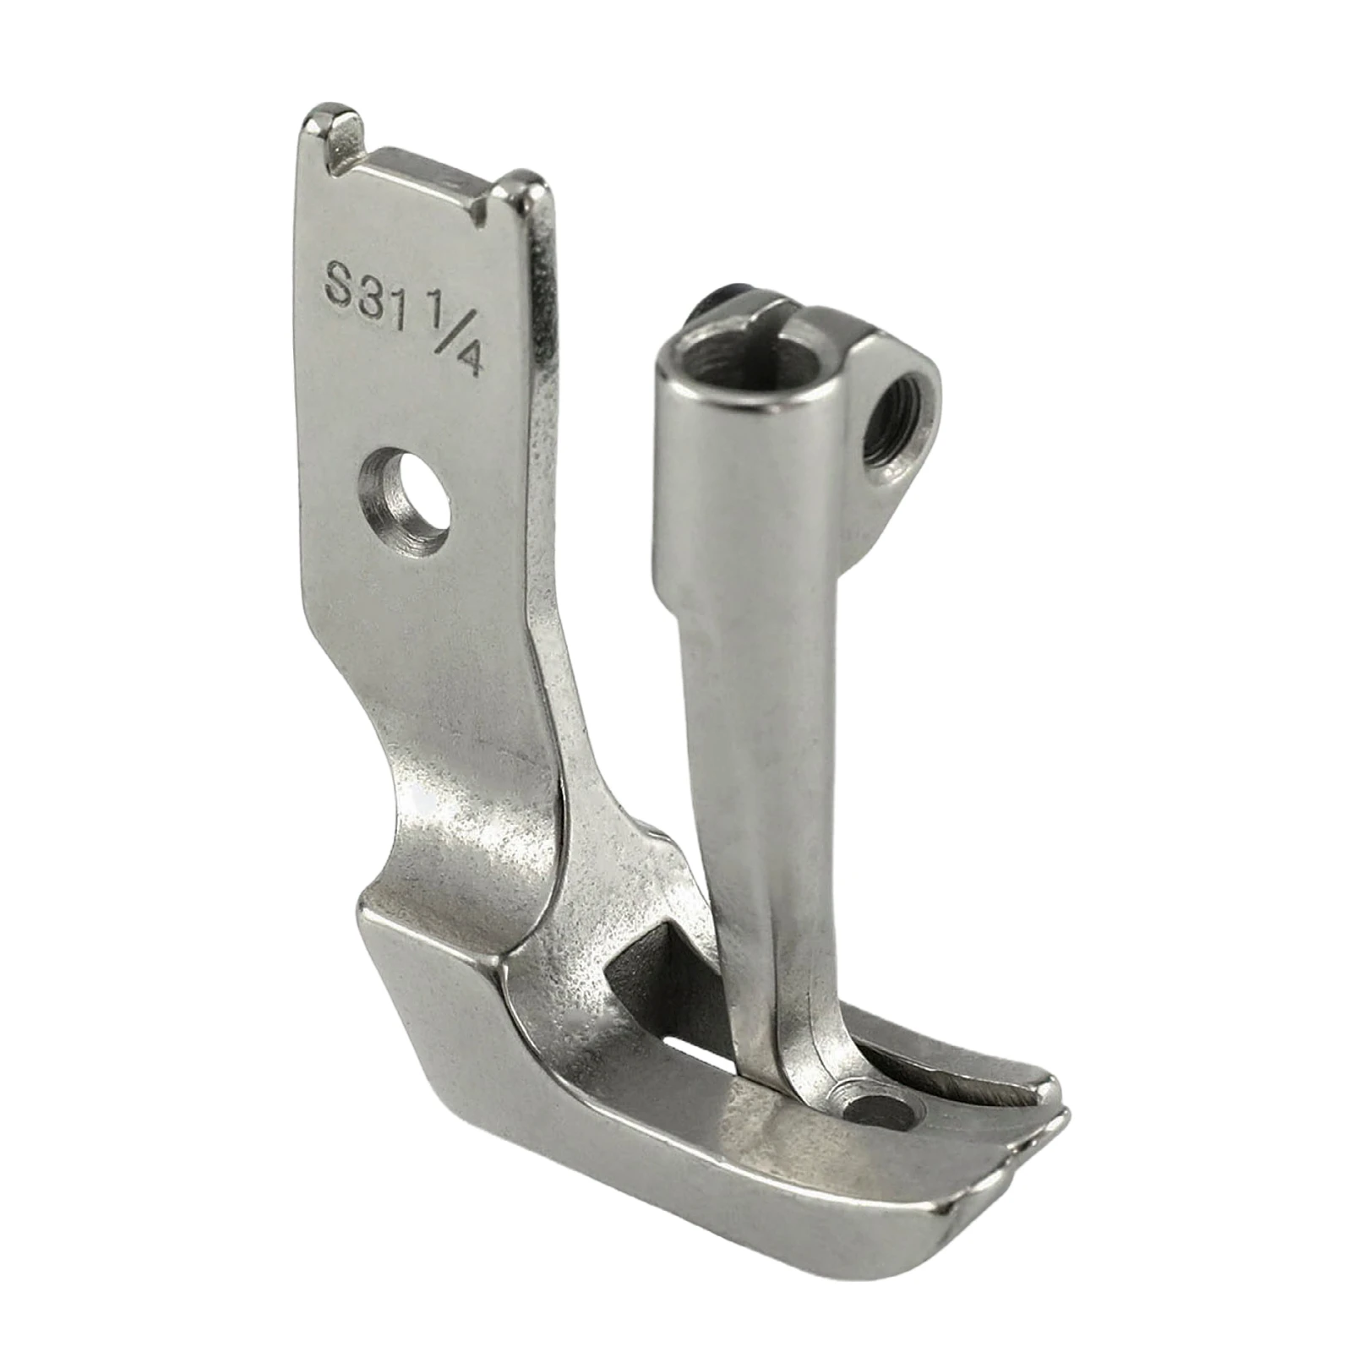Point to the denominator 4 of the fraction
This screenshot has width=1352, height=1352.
coord(470,361)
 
